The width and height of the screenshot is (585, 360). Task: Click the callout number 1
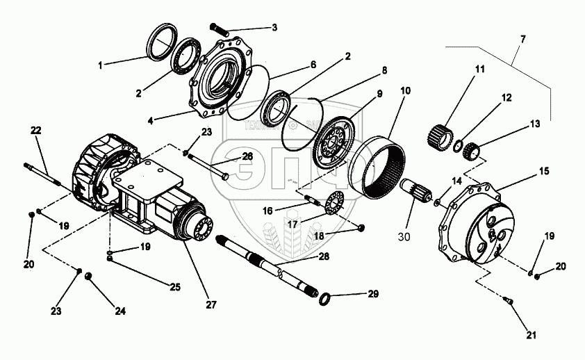(101, 65)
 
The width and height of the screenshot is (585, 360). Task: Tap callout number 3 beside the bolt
(274, 28)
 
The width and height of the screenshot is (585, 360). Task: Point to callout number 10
(405, 91)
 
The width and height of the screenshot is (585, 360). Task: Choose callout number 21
(532, 336)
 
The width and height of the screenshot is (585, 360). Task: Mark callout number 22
(36, 131)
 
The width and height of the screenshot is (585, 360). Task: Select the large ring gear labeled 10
(378, 167)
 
